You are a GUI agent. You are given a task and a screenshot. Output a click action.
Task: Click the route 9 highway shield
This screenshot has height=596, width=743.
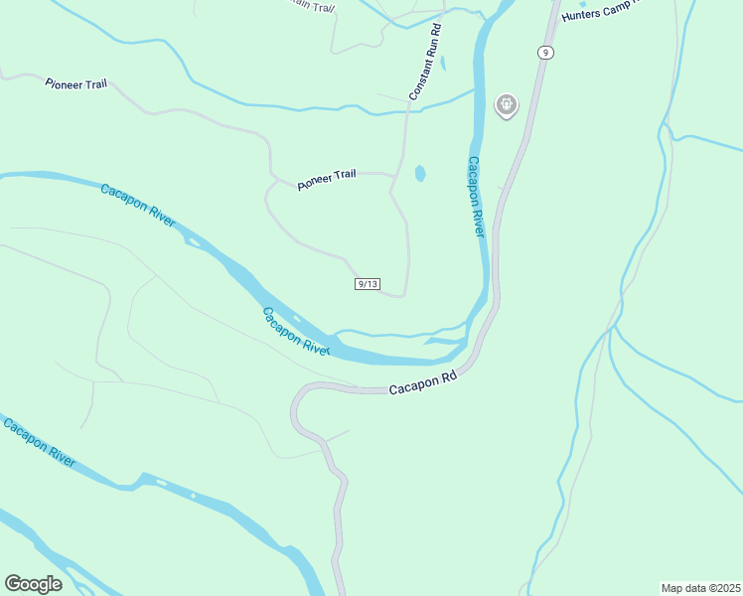point(545,52)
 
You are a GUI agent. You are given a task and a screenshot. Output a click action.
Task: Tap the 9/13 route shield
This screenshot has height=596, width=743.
point(367,284)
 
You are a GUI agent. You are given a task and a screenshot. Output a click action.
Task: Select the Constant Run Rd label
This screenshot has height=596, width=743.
point(424,62)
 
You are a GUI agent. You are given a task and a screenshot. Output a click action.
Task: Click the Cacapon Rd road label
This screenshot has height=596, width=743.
point(422,382)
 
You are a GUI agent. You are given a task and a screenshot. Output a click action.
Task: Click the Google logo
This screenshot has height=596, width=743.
point(33,584)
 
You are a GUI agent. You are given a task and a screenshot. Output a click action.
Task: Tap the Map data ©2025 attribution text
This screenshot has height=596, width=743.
point(700,587)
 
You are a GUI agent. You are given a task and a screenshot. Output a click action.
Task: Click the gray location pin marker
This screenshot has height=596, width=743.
point(507,104)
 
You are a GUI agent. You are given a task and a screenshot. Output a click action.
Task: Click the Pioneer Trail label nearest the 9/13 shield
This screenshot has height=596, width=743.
point(326,180)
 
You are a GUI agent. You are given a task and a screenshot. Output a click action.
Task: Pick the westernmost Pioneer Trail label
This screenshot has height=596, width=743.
point(75,84)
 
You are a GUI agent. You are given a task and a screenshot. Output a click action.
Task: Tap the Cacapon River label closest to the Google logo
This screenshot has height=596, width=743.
point(39,443)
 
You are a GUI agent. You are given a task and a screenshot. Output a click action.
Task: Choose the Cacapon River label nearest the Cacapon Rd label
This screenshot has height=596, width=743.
point(295,331)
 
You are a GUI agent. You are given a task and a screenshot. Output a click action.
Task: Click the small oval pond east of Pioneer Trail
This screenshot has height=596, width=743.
point(420,174)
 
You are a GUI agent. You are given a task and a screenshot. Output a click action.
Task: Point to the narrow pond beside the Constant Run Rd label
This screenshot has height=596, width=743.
point(443,64)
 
